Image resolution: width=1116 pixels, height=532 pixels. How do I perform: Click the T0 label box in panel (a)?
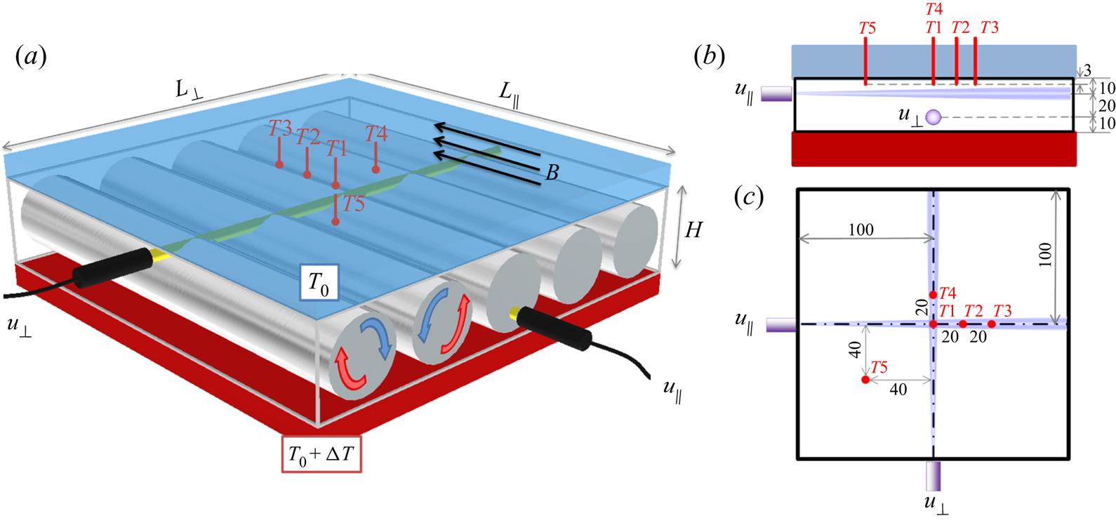click(x=319, y=283)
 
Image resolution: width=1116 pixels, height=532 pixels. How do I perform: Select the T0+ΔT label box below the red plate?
click(x=321, y=454)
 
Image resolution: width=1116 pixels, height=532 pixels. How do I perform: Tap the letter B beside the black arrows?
click(x=552, y=173)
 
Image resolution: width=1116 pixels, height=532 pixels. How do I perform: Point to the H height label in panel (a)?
click(x=693, y=230)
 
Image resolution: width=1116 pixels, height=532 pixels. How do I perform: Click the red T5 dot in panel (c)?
click(x=865, y=380)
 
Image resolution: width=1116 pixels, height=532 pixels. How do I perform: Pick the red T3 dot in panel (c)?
click(x=991, y=324)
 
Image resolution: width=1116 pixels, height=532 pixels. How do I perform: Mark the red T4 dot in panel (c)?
click(x=934, y=295)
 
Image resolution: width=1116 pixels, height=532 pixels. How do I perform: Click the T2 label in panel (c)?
click(x=973, y=311)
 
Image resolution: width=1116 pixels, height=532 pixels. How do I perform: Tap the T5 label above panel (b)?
click(x=868, y=29)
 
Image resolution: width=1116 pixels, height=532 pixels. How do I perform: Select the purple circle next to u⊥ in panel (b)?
click(x=933, y=117)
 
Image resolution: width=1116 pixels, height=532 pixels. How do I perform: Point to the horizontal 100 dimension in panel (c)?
click(x=861, y=230)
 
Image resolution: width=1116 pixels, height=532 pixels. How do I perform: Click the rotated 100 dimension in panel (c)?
click(x=1045, y=254)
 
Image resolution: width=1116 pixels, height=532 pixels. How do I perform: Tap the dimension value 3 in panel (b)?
click(x=1087, y=70)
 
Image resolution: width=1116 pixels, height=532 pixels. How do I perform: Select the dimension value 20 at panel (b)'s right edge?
click(x=1106, y=106)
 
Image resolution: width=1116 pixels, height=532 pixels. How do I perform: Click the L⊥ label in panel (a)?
click(x=188, y=90)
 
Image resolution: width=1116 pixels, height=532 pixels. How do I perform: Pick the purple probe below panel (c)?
click(x=933, y=476)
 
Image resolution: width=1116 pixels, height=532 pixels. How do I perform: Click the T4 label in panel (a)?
click(x=376, y=133)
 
